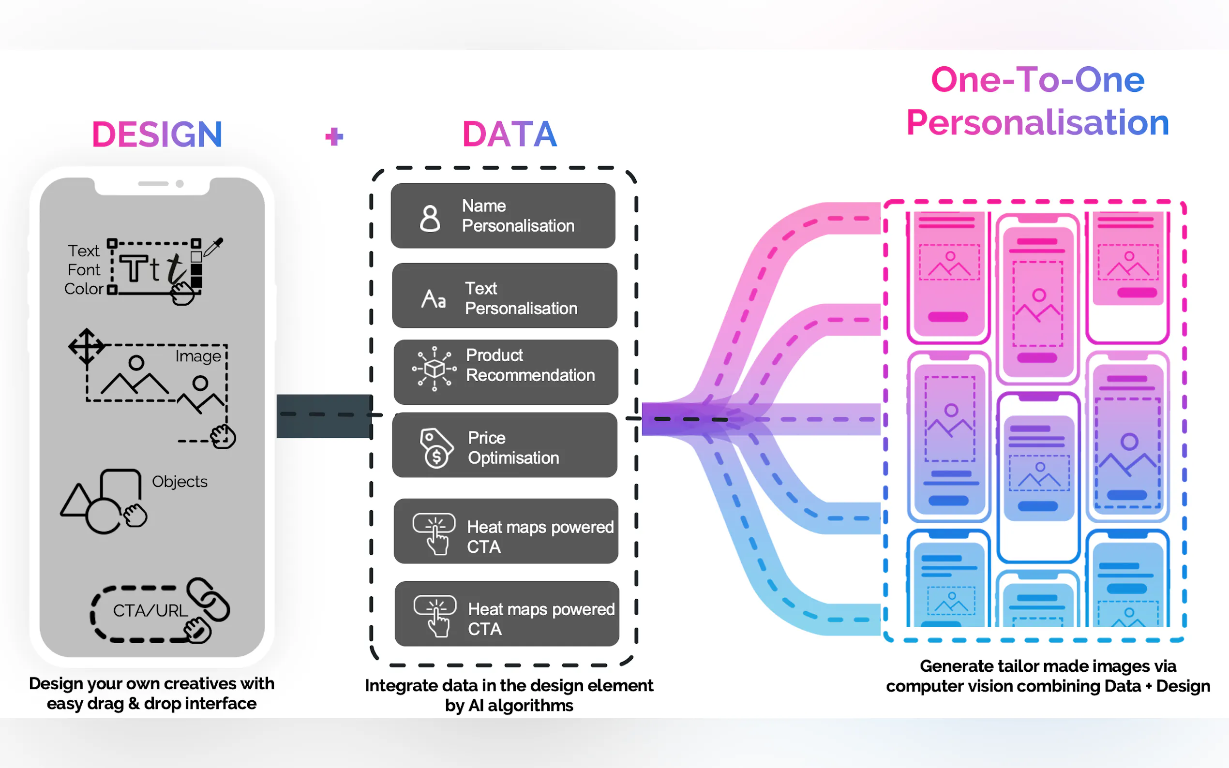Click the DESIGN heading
pos(157,134)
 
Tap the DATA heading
pos(509,134)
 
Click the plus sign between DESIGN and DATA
pos(334,136)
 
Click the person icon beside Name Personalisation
pos(430,219)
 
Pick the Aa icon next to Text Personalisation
pos(434,299)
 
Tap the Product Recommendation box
pos(506,372)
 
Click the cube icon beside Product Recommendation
pos(434,368)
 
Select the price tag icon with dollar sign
pos(435,447)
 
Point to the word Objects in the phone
pos(180,481)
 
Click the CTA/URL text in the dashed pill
pos(150,610)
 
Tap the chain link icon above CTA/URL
pos(209,599)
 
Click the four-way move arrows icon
pos(87,346)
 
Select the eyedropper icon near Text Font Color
pos(213,247)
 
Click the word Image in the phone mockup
pos(197,356)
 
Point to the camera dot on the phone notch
pos(180,184)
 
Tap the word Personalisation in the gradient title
pos(1037,122)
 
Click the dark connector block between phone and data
pos(324,416)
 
